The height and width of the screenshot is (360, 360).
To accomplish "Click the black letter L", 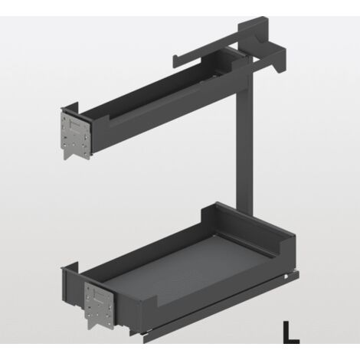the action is (x=290, y=332).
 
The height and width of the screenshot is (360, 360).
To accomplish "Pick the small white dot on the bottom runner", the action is (x=286, y=277).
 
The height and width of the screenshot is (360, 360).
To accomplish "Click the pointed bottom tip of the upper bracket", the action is (x=65, y=159).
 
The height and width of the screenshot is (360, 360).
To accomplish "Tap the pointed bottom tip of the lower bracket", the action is (x=90, y=329).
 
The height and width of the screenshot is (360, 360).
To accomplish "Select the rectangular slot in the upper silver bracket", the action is (x=75, y=126).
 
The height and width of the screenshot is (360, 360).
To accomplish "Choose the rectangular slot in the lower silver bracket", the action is (x=98, y=295).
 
